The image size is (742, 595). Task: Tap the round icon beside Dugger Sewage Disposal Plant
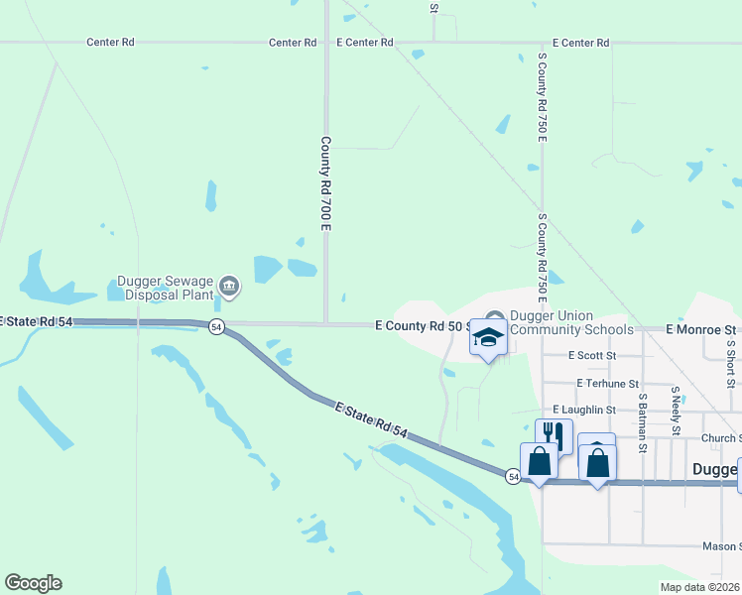pos(229,288)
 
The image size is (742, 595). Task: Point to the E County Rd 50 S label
pos(420,325)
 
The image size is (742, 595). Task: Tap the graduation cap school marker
pos(488,338)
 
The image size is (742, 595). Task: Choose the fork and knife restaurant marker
pos(554,435)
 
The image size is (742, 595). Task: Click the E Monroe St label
pos(701,328)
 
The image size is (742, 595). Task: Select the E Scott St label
pos(592,355)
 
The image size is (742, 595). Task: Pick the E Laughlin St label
pos(584,409)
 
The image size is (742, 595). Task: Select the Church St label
pos(719,437)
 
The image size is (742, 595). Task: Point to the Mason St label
pos(721,545)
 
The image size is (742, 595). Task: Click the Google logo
pos(33,583)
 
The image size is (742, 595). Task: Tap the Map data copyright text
pos(699,587)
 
